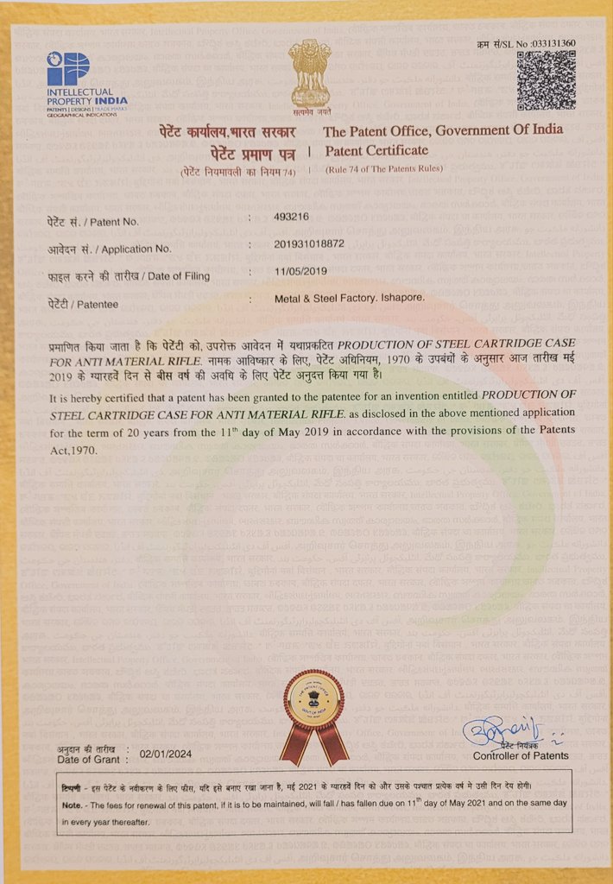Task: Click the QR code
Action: [x=546, y=80]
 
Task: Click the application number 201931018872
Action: [x=309, y=244]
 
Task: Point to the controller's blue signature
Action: [x=497, y=732]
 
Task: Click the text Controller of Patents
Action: [x=521, y=756]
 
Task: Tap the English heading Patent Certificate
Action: [x=376, y=150]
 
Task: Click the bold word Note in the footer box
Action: [x=71, y=804]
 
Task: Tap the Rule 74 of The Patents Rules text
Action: [x=384, y=168]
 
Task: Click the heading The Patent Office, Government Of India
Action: [x=443, y=131]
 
